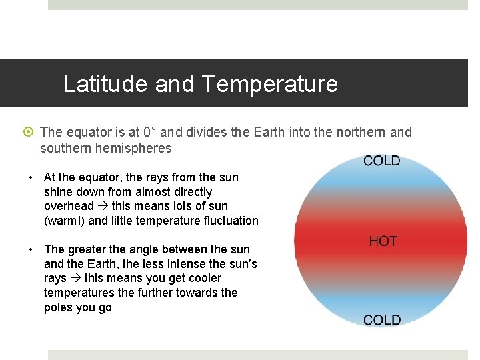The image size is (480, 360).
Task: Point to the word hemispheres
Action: tap(134, 148)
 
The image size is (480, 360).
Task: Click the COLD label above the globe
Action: tap(381, 161)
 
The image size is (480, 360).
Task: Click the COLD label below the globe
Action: tap(381, 320)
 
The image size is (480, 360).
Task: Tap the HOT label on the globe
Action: tap(383, 241)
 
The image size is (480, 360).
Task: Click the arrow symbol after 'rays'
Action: tap(75, 279)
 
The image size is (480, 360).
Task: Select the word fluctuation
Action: tap(226, 221)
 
